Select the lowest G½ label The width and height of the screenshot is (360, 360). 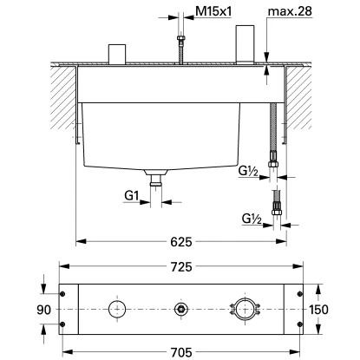tap(251, 219)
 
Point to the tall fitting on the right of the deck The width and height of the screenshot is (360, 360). tap(242, 43)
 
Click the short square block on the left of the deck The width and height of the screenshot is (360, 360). tap(116, 53)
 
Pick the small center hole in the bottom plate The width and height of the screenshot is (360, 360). tap(180, 309)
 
